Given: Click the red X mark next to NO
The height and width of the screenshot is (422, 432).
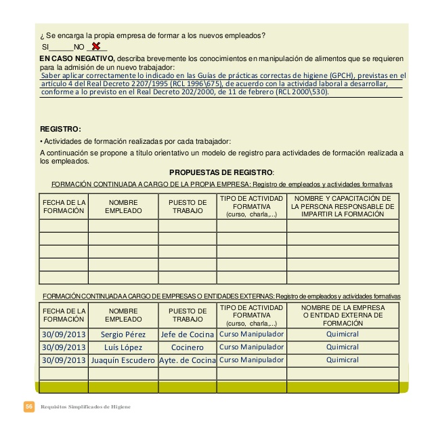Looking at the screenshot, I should click(x=97, y=47).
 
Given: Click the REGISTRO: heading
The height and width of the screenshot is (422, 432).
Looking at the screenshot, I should click(x=61, y=129).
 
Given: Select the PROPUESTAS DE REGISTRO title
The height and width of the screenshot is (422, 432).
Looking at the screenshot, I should click(x=221, y=172).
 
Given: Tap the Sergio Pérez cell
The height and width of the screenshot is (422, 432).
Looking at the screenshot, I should click(x=123, y=334).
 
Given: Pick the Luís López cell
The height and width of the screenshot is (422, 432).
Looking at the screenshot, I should click(x=123, y=347).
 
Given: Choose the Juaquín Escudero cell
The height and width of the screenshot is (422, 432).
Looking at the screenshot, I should click(x=123, y=360).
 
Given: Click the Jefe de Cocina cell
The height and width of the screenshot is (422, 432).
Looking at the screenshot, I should click(x=188, y=334).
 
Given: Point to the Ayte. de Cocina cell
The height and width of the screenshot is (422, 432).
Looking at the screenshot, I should click(x=188, y=360).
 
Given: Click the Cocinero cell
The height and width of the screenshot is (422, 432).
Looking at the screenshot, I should click(x=188, y=347).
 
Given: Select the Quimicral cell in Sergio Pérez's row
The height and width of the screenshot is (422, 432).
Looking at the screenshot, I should click(x=343, y=334).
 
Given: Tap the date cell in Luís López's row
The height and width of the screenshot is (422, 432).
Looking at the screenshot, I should click(x=64, y=347).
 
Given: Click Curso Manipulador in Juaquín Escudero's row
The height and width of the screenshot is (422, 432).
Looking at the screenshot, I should click(x=252, y=360).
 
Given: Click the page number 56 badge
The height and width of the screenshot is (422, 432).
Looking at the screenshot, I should click(x=29, y=406).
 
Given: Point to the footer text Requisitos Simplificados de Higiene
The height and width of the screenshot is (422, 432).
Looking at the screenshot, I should click(x=86, y=406).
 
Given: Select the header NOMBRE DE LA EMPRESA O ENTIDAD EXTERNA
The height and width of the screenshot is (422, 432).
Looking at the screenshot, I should click(x=343, y=315).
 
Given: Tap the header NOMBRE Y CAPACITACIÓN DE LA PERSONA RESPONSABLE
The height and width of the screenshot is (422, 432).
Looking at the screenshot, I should click(x=343, y=206).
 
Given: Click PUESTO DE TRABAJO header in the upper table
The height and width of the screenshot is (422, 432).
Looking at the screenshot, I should click(x=188, y=206).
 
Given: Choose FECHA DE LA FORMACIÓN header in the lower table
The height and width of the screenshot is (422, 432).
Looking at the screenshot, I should click(x=64, y=315).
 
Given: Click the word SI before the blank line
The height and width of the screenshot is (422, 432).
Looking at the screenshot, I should click(x=46, y=47).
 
